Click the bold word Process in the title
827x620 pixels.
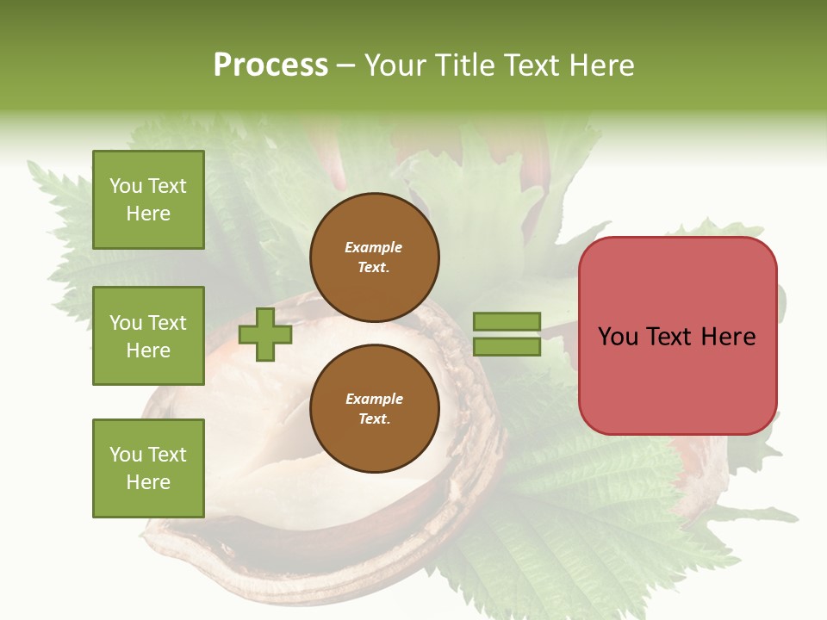tap(270, 65)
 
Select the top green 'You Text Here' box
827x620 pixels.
tap(148, 200)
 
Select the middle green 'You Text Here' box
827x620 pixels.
tap(148, 336)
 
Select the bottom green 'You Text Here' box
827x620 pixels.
tap(148, 468)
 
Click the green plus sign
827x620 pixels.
tap(265, 334)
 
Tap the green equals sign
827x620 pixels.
tap(507, 334)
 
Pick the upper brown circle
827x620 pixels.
tap(374, 257)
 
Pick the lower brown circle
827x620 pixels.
tap(374, 408)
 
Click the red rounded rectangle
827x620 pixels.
tap(677, 335)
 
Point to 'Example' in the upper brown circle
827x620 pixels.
tap(373, 247)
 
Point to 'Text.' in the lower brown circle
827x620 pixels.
tap(374, 419)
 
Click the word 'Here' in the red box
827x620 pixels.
tap(728, 336)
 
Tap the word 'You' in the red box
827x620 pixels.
tap(618, 336)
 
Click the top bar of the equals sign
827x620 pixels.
tap(507, 321)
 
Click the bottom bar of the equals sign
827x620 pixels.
tap(507, 347)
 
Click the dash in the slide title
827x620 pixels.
tap(346, 66)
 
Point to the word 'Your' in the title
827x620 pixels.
tap(397, 65)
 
